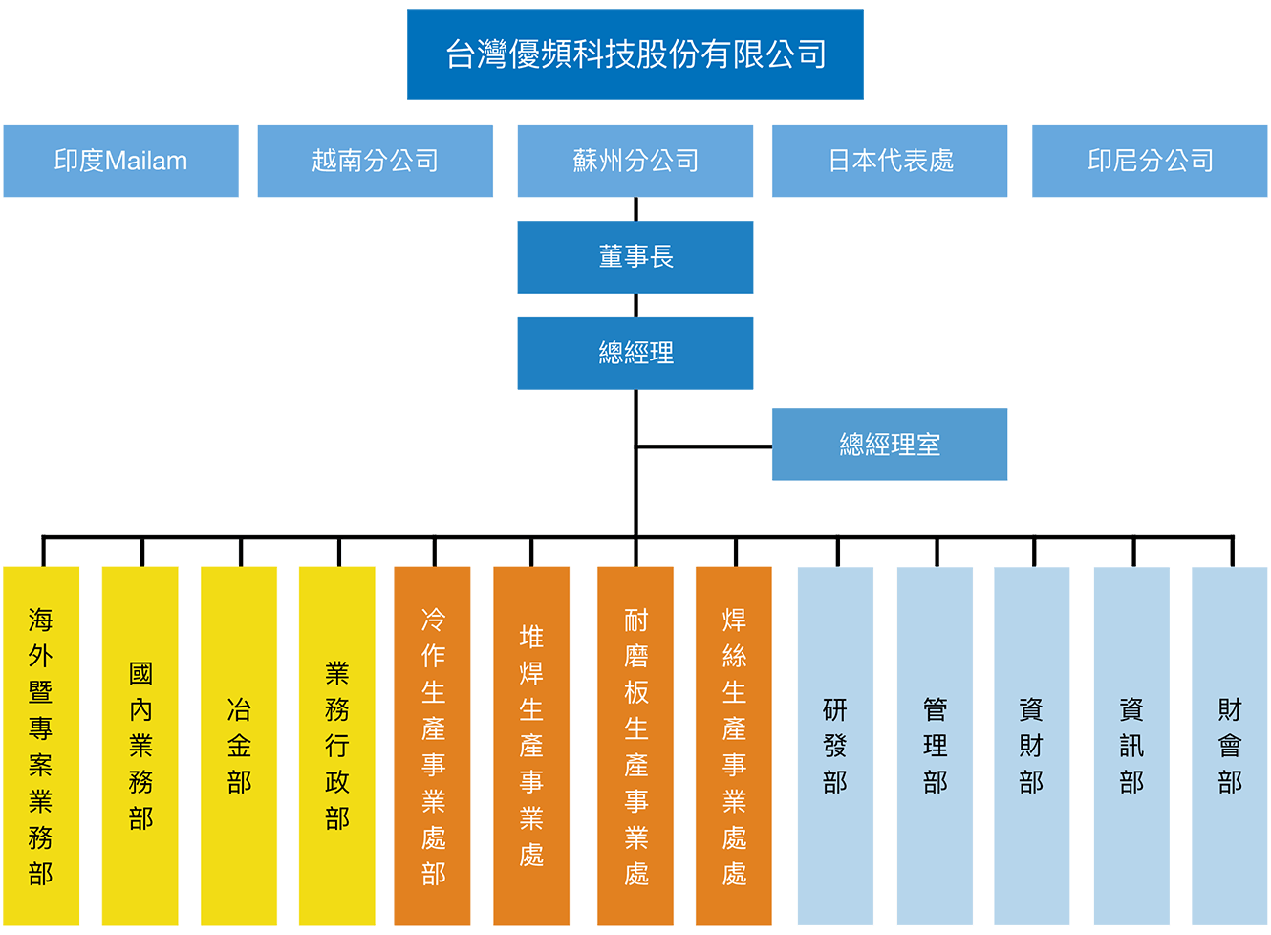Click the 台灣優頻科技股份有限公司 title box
click(635, 54)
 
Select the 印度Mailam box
click(120, 161)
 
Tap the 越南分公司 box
click(375, 161)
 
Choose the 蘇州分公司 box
click(635, 161)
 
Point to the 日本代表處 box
click(890, 161)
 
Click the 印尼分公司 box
click(1150, 161)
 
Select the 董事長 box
click(635, 257)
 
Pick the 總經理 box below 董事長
click(635, 353)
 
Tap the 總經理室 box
click(890, 445)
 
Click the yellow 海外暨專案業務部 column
click(41, 746)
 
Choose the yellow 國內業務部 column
click(140, 746)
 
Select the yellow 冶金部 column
click(239, 746)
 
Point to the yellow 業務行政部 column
click(336, 746)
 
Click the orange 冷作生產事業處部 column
click(433, 746)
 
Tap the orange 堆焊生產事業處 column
click(531, 746)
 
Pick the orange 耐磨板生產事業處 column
click(635, 746)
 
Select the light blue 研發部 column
click(835, 746)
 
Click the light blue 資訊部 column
click(1131, 746)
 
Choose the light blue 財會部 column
click(1230, 746)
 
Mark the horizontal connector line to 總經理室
click(704, 445)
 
